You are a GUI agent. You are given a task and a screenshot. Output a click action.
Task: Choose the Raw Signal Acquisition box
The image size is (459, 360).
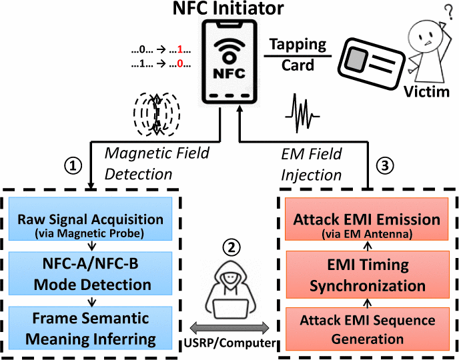89,223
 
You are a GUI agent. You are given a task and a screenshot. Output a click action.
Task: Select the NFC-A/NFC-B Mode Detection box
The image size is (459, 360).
89,275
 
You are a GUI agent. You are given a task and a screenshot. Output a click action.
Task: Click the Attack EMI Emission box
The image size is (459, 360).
366,223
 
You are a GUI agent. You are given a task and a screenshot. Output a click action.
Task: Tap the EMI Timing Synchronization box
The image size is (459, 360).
366,276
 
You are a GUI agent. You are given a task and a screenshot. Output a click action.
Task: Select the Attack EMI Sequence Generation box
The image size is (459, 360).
366,328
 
